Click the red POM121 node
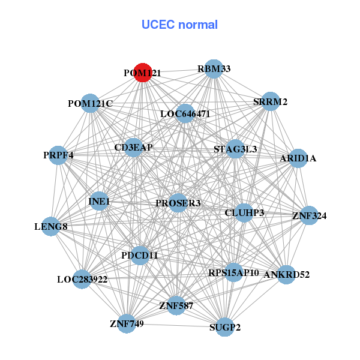pyautogui.click(x=142, y=72)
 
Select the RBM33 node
pyautogui.click(x=214, y=69)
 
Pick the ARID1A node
pyautogui.click(x=298, y=158)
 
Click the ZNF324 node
pyautogui.click(x=308, y=215)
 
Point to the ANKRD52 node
pyautogui.click(x=287, y=275)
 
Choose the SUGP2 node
pyautogui.click(x=224, y=327)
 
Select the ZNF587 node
pyautogui.click(x=176, y=306)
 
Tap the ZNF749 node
pyautogui.click(x=127, y=324)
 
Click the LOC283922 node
pyautogui.click(x=82, y=279)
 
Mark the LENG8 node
pyautogui.click(x=50, y=226)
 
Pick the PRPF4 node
pyautogui.click(x=58, y=155)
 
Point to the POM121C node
pyautogui.click(x=90, y=104)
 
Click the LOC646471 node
pyautogui.click(x=185, y=113)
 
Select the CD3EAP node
pyautogui.click(x=133, y=148)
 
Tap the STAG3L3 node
pyautogui.click(x=235, y=149)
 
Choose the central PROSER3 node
pyautogui.click(x=178, y=203)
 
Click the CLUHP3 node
pyautogui.click(x=244, y=213)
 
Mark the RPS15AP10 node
pyautogui.click(x=233, y=273)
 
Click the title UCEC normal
pyautogui.click(x=179, y=25)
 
